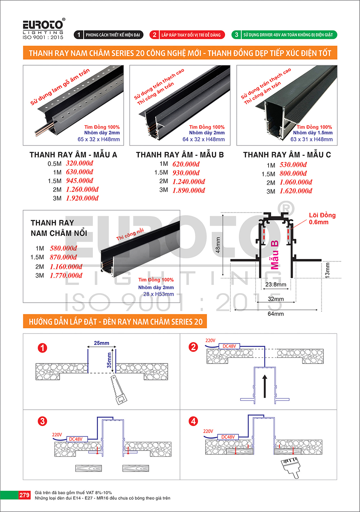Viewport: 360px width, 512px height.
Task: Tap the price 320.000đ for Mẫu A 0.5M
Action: coord(80,163)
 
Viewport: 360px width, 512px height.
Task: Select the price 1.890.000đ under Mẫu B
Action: coord(189,190)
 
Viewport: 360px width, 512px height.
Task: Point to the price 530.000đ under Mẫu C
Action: coord(293,164)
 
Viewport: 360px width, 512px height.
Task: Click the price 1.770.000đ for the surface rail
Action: coord(66,275)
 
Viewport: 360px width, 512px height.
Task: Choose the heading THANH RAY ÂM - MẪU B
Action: coord(180,155)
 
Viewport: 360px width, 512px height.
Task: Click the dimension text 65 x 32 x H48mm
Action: coord(99,139)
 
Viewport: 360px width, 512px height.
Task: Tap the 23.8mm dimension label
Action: coord(276,285)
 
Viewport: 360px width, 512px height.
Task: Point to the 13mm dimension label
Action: coord(327,270)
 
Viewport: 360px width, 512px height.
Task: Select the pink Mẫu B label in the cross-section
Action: coord(275,255)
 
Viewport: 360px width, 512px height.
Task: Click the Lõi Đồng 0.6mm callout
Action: coord(322,218)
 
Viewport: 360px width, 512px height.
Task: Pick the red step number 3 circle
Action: coord(42,421)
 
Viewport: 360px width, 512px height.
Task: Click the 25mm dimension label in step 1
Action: coord(102,343)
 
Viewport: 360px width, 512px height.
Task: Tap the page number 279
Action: coord(24,495)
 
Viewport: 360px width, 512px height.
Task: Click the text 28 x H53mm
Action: coord(158,294)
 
